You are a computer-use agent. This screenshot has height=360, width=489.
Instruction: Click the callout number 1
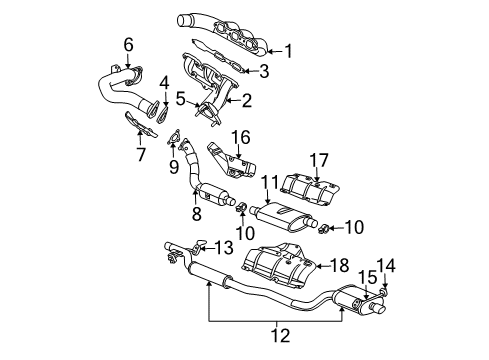(289, 51)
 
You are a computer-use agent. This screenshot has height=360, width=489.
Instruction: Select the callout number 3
(265, 70)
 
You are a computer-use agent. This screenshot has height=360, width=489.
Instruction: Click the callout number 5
(180, 98)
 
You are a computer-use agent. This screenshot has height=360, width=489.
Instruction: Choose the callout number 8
(196, 214)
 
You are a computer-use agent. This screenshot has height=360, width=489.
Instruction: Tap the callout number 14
(391, 265)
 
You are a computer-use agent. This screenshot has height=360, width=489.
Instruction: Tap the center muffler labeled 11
(286, 216)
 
